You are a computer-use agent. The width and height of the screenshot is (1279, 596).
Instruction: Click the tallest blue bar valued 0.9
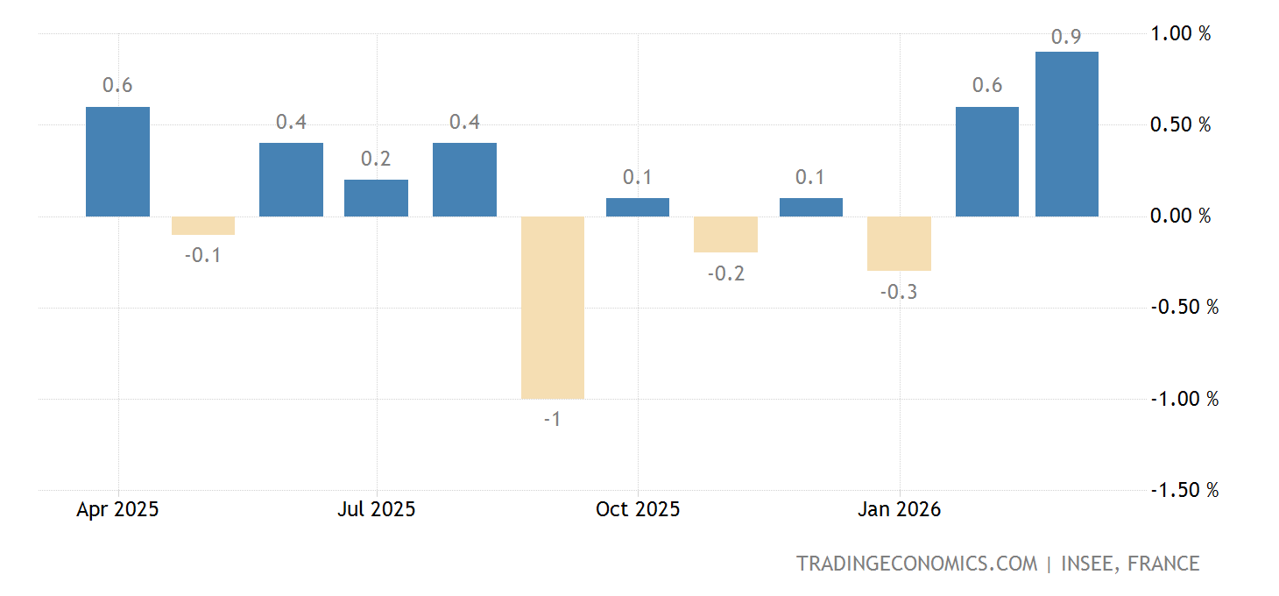(x=1066, y=133)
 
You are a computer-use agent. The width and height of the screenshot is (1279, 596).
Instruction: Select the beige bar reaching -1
(x=552, y=307)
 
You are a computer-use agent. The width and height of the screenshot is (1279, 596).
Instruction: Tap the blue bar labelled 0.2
(x=376, y=197)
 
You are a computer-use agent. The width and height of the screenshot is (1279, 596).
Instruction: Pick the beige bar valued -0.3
(x=899, y=243)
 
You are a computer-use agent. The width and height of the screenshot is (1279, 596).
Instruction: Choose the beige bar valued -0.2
(x=725, y=234)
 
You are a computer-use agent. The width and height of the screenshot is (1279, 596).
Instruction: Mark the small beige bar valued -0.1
(x=203, y=225)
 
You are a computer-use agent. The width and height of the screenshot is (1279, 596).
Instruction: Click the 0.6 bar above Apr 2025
(x=117, y=161)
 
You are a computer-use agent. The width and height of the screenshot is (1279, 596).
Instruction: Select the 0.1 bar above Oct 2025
(x=637, y=207)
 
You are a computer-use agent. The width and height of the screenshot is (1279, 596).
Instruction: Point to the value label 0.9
(x=1065, y=37)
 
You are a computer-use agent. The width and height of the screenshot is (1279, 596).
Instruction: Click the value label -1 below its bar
(x=552, y=419)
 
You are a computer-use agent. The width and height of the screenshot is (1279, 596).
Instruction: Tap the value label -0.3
(x=899, y=292)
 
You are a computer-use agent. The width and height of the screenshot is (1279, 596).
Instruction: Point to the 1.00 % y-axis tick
(x=1180, y=33)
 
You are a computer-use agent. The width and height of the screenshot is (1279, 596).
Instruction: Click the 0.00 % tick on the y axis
(x=1180, y=216)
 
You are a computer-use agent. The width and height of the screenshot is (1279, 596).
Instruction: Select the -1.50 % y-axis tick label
(x=1184, y=490)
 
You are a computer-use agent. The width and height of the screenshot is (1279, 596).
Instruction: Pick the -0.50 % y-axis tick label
(x=1184, y=308)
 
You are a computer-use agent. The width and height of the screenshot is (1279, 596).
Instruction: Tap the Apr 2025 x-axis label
(x=117, y=509)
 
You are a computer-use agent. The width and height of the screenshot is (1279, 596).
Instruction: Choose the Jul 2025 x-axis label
(x=376, y=509)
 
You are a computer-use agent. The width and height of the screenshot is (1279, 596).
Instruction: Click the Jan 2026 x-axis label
(x=899, y=509)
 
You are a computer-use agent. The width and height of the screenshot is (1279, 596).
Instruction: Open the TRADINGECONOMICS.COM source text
(x=916, y=564)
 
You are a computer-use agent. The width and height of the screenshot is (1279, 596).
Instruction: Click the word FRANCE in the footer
(x=1164, y=564)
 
